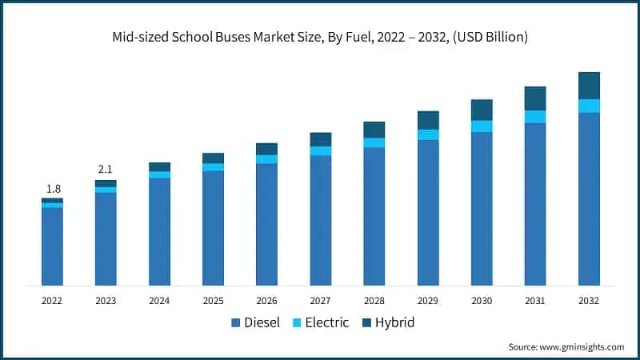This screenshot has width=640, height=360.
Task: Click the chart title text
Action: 319,38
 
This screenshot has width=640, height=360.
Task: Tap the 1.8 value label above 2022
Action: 53,189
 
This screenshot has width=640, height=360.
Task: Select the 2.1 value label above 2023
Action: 106,170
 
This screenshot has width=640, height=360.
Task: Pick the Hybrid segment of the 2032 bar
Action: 589,86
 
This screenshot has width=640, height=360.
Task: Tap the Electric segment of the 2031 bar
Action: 535,117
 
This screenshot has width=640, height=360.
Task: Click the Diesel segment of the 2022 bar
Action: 53,246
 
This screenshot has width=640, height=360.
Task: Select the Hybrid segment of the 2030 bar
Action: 482,110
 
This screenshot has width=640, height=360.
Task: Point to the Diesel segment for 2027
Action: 321,220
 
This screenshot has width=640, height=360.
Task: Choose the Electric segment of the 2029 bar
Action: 428,134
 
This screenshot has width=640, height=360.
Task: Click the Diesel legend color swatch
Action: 236,323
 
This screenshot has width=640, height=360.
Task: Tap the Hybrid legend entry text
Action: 396,323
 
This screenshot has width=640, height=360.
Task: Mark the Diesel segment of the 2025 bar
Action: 213,228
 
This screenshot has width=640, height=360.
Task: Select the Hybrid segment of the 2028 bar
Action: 374,130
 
